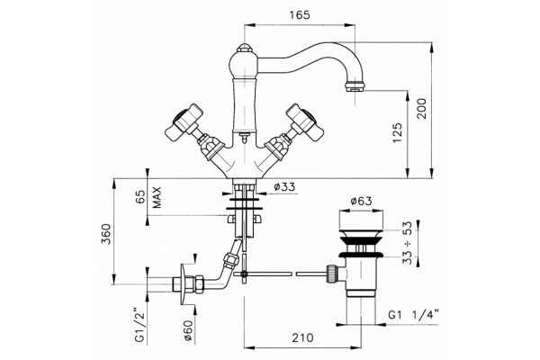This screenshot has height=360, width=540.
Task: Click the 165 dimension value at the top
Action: (x=300, y=15)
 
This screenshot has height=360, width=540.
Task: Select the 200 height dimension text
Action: (x=421, y=109)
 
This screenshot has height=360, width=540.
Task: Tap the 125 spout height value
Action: (x=398, y=132)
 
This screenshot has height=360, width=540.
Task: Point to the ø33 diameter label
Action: (x=284, y=187)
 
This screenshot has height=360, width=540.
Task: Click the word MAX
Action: (x=157, y=197)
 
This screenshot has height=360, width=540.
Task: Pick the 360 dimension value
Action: (x=106, y=234)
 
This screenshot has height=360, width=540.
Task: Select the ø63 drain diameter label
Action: (x=361, y=201)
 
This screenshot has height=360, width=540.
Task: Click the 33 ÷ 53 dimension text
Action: (x=407, y=242)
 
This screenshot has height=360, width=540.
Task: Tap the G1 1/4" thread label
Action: (x=414, y=314)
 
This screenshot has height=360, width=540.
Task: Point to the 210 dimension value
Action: (x=302, y=337)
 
